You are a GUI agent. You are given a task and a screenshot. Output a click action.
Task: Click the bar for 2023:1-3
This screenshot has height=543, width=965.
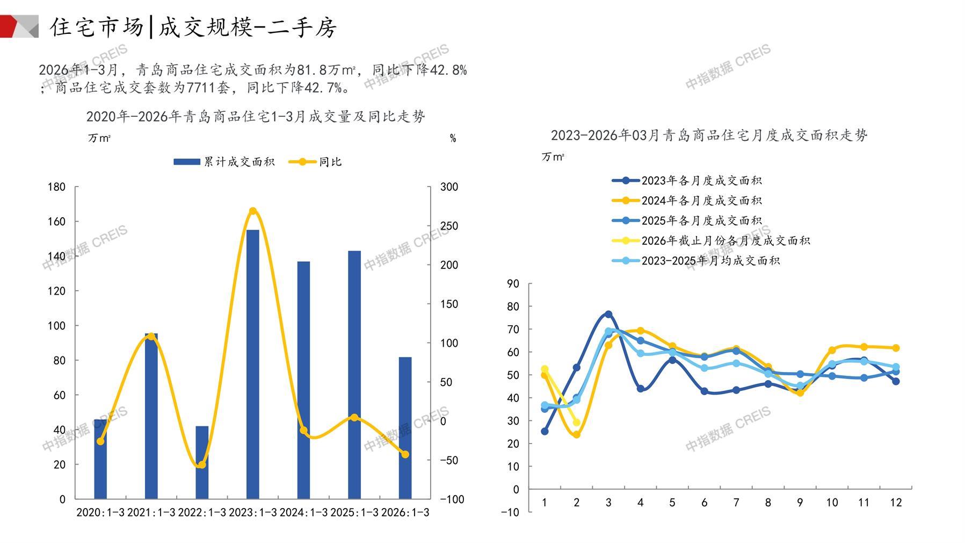tap(252, 365)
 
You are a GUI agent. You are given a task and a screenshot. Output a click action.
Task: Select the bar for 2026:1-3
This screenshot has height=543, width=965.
tap(405, 428)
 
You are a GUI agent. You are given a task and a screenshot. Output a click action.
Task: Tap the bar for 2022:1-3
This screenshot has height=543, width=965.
tap(202, 462)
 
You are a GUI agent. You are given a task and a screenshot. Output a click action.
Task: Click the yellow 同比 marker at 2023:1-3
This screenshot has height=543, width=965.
tap(253, 211)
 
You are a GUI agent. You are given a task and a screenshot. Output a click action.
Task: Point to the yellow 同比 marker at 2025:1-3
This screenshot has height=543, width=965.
tap(354, 417)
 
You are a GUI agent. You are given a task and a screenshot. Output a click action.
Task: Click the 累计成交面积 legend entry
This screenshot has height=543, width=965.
tap(224, 162)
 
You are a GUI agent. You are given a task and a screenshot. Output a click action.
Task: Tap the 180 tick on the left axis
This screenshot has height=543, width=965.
tap(56, 187)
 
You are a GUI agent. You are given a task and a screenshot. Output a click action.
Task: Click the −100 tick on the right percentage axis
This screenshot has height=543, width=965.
tap(452, 499)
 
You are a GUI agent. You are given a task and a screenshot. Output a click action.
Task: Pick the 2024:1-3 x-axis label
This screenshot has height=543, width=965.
tap(303, 512)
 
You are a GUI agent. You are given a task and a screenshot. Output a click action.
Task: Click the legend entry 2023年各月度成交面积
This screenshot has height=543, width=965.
tap(687, 181)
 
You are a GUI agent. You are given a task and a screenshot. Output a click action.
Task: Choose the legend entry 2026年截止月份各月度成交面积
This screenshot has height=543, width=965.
tap(712, 241)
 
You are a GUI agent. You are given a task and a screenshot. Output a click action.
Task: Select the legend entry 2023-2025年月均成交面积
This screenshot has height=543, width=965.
tap(696, 261)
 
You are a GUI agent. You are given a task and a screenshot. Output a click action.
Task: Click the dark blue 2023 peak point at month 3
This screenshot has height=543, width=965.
tap(608, 314)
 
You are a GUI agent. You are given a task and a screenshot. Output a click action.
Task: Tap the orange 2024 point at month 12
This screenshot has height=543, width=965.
tap(896, 348)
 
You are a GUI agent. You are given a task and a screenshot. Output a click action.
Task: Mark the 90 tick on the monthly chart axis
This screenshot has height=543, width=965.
tap(513, 283)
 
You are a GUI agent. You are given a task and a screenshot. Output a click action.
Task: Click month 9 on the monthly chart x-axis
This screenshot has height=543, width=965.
tap(800, 503)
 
